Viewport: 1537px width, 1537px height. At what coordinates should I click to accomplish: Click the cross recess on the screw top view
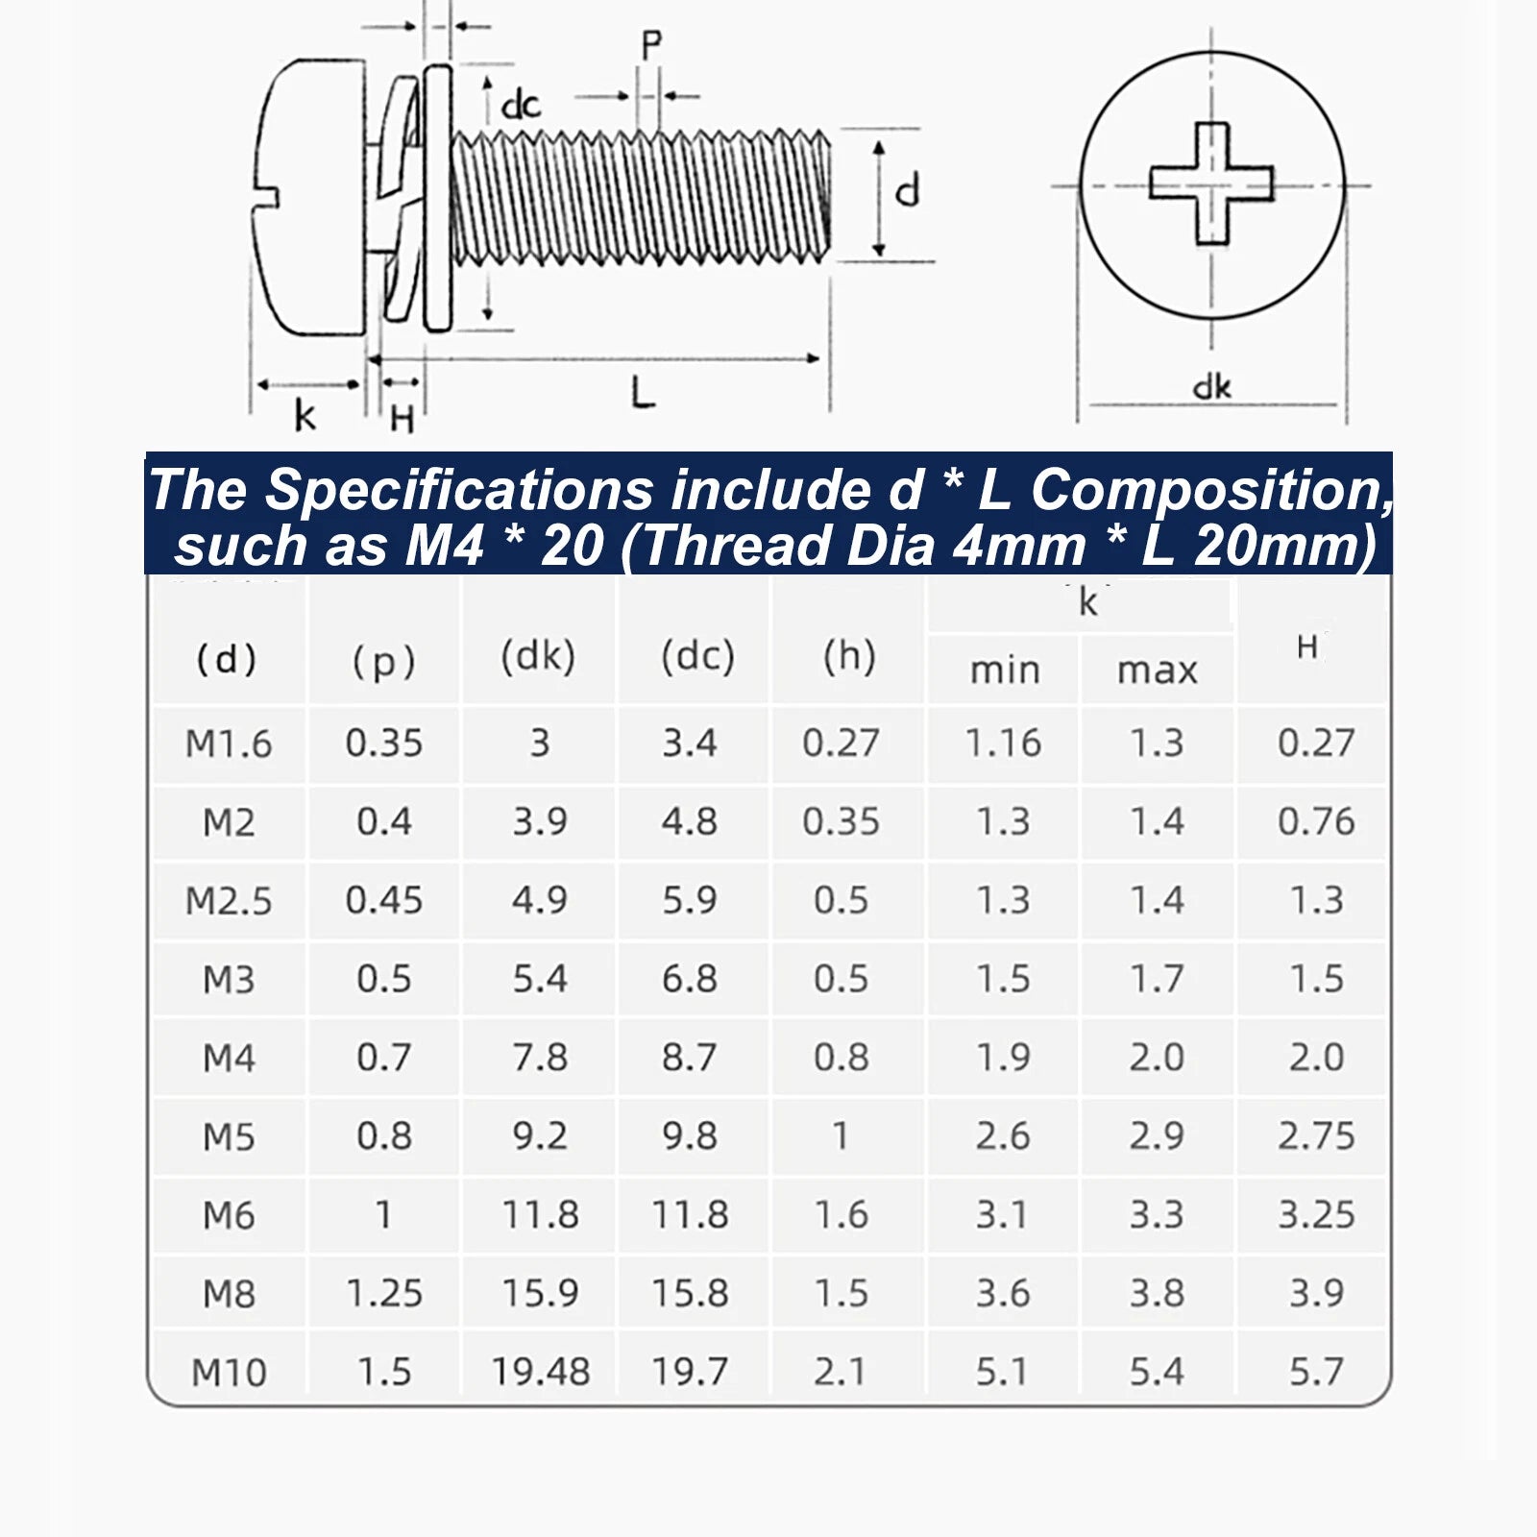point(1211,183)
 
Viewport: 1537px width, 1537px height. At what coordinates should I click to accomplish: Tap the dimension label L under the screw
point(642,393)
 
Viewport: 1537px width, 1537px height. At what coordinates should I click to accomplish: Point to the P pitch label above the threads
point(651,45)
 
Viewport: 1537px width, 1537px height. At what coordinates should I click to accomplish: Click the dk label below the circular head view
point(1211,386)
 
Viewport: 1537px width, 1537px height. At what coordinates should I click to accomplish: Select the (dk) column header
point(538,656)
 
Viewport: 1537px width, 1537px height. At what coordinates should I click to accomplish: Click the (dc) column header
point(697,656)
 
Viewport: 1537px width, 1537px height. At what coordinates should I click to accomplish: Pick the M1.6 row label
point(229,744)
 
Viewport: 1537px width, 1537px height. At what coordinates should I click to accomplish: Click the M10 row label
point(229,1372)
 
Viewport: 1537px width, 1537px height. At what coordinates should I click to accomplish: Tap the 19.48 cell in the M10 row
point(540,1372)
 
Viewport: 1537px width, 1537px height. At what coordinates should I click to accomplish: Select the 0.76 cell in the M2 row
point(1316,821)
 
